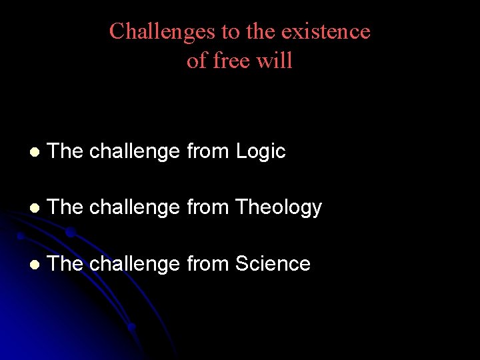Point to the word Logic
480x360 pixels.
coord(261,152)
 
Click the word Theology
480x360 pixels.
coord(279,208)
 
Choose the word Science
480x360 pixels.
coord(273,264)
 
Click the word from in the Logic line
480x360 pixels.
coord(208,152)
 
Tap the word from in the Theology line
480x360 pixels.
coord(208,208)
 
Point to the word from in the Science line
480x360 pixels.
coord(208,264)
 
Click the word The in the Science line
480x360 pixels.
coord(65,264)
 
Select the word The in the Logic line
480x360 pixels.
coord(65,152)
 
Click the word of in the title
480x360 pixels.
coord(196,61)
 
